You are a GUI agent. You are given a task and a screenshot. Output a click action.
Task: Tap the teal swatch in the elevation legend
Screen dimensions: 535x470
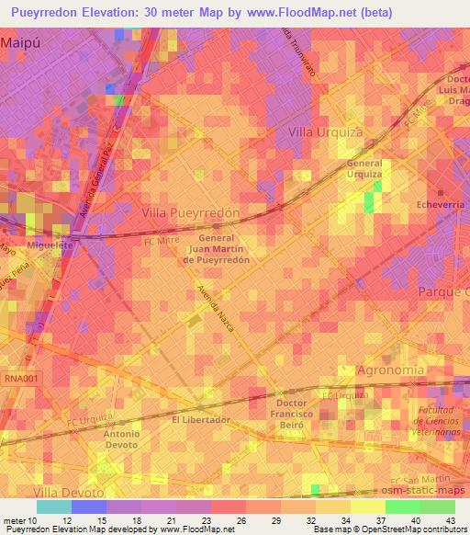click(54, 507)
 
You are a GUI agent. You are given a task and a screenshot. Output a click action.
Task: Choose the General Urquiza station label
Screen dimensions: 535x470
click(364, 168)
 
